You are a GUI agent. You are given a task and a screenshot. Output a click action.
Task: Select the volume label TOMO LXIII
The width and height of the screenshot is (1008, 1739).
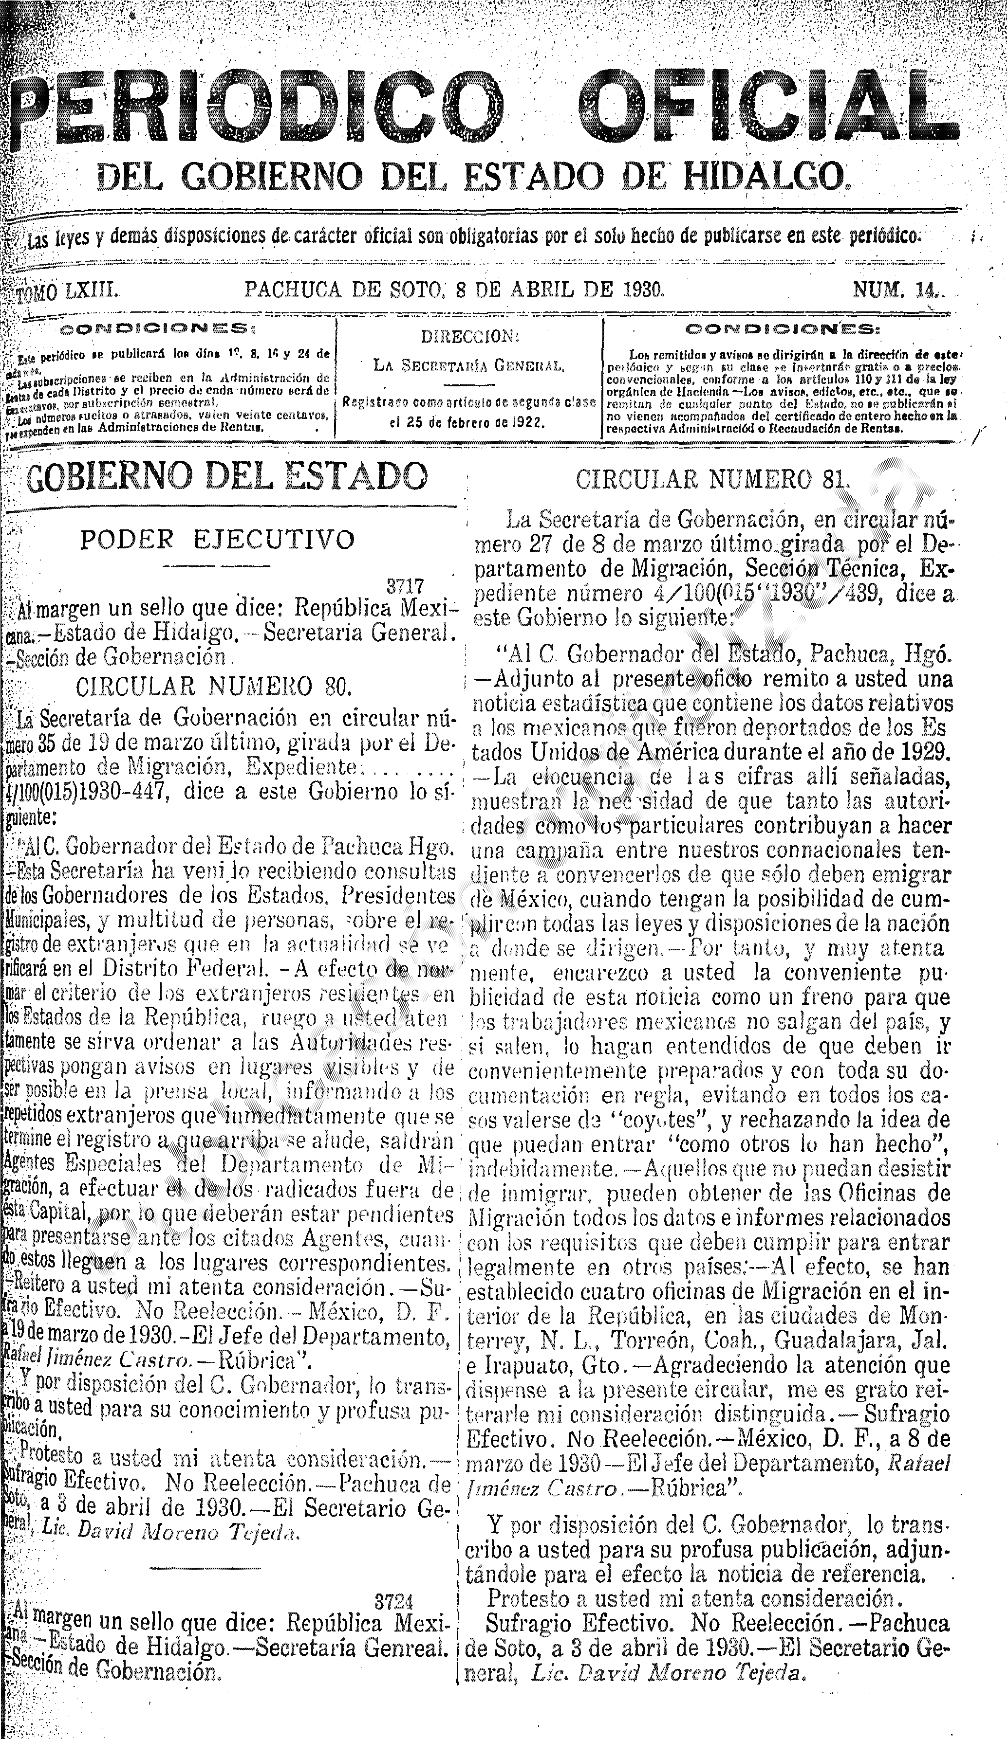click(x=69, y=290)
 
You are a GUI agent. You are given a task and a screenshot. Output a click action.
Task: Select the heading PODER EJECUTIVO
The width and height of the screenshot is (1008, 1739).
click(x=218, y=540)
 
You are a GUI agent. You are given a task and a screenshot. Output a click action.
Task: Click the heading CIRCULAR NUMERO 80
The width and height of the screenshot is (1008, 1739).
click(x=214, y=686)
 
